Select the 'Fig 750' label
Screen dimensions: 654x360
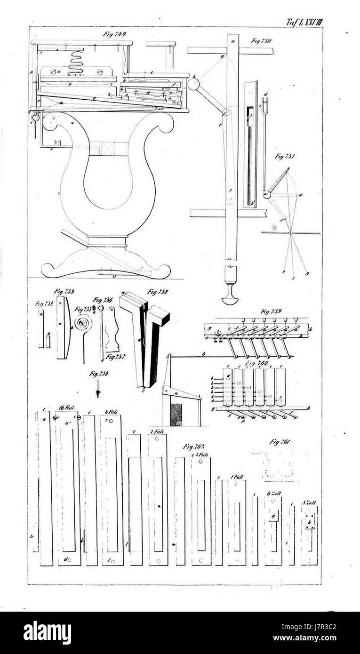(262, 41)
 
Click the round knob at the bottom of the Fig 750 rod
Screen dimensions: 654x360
(230, 298)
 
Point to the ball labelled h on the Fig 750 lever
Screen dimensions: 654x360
(193, 84)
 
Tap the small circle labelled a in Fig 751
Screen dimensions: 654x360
(267, 194)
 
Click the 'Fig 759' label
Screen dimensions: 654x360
(271, 311)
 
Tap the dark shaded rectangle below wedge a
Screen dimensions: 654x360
(176, 414)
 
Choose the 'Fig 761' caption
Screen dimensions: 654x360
(280, 441)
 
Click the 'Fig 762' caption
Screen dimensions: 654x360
(194, 446)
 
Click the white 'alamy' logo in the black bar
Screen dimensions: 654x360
(47, 633)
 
